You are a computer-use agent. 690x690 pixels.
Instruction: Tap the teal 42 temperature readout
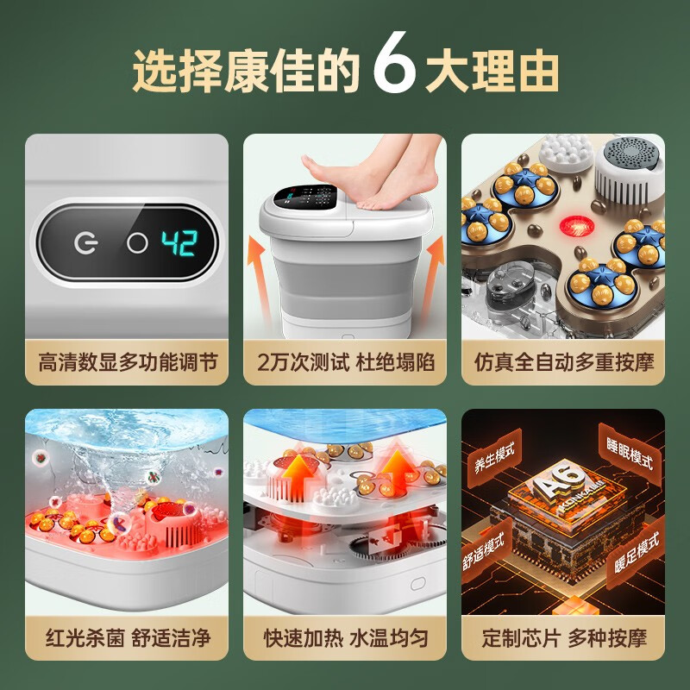click(x=180, y=242)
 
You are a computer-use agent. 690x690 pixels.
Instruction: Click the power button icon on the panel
click(x=85, y=243)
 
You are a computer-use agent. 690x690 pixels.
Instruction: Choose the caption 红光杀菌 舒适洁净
click(x=126, y=638)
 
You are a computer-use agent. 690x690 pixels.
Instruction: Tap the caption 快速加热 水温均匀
click(x=345, y=638)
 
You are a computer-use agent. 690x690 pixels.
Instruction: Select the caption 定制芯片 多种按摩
click(x=563, y=638)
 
